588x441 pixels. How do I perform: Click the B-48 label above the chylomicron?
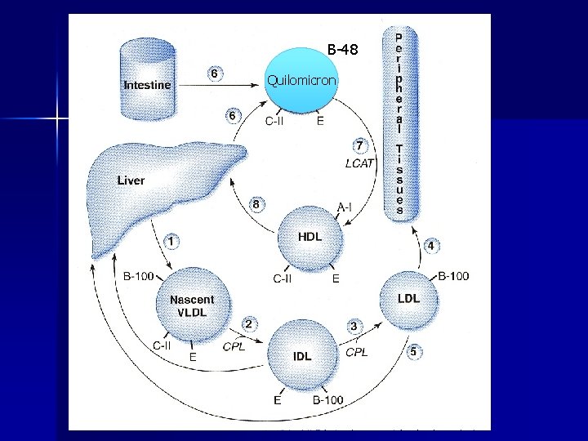click(x=342, y=51)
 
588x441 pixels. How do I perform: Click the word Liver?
click(x=131, y=180)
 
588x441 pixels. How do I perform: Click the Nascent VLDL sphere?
click(x=193, y=305)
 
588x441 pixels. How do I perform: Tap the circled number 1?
click(x=171, y=241)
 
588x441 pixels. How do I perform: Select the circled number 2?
click(x=248, y=324)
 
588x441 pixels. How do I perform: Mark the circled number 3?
click(x=354, y=326)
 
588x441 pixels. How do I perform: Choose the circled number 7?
click(x=359, y=145)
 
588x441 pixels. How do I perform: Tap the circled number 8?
click(x=256, y=204)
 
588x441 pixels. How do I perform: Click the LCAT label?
click(x=359, y=163)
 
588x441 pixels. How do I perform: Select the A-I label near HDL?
click(x=345, y=207)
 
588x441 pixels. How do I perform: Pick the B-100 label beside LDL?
click(x=453, y=276)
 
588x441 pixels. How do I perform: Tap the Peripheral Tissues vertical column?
click(x=399, y=122)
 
